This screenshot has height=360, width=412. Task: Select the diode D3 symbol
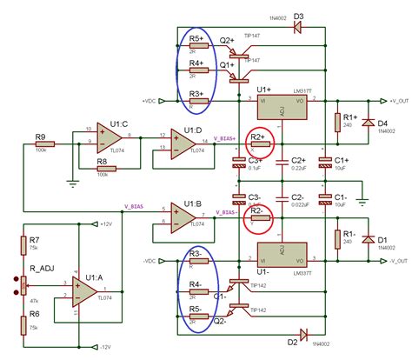[298, 26]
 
